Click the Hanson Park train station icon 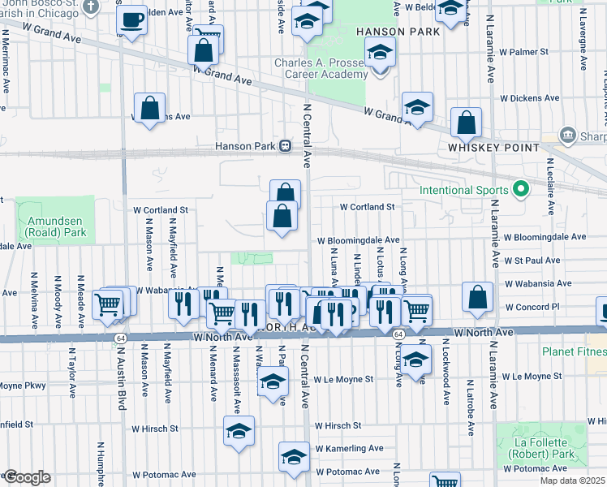[x=286, y=147]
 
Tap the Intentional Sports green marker [x=521, y=192]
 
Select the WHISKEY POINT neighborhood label [x=494, y=148]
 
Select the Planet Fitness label [x=575, y=352]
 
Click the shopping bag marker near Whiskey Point [x=467, y=123]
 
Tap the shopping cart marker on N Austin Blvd [x=108, y=304]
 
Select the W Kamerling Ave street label [x=350, y=448]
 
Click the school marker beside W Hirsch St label [x=239, y=431]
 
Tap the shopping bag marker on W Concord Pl [x=478, y=298]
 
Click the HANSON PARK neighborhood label [x=398, y=32]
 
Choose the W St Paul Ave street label [x=532, y=261]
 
